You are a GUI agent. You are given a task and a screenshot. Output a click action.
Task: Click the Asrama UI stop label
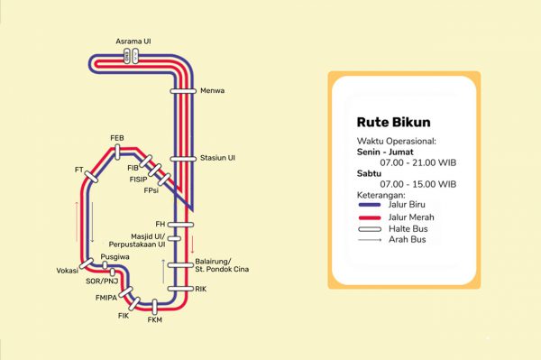133,42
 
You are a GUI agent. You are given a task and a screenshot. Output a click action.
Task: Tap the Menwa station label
212,91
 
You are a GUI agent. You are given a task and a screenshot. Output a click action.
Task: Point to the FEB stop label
116,138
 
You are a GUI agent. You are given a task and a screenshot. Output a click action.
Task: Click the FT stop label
79,170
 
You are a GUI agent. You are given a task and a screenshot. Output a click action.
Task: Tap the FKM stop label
154,319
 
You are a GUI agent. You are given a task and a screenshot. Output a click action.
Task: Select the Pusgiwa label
115,257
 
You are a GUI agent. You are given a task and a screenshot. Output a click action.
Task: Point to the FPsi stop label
151,190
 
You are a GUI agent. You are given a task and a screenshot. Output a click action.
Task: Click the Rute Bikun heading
393,121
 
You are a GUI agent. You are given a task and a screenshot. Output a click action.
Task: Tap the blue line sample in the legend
375,206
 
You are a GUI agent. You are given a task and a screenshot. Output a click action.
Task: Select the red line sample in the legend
375,217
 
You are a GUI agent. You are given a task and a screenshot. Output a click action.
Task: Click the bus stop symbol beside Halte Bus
375,229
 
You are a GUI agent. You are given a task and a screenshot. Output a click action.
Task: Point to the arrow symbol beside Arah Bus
375,241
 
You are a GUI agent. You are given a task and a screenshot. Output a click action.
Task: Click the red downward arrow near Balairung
191,243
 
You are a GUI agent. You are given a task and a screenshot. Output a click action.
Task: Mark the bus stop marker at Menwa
183,90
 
